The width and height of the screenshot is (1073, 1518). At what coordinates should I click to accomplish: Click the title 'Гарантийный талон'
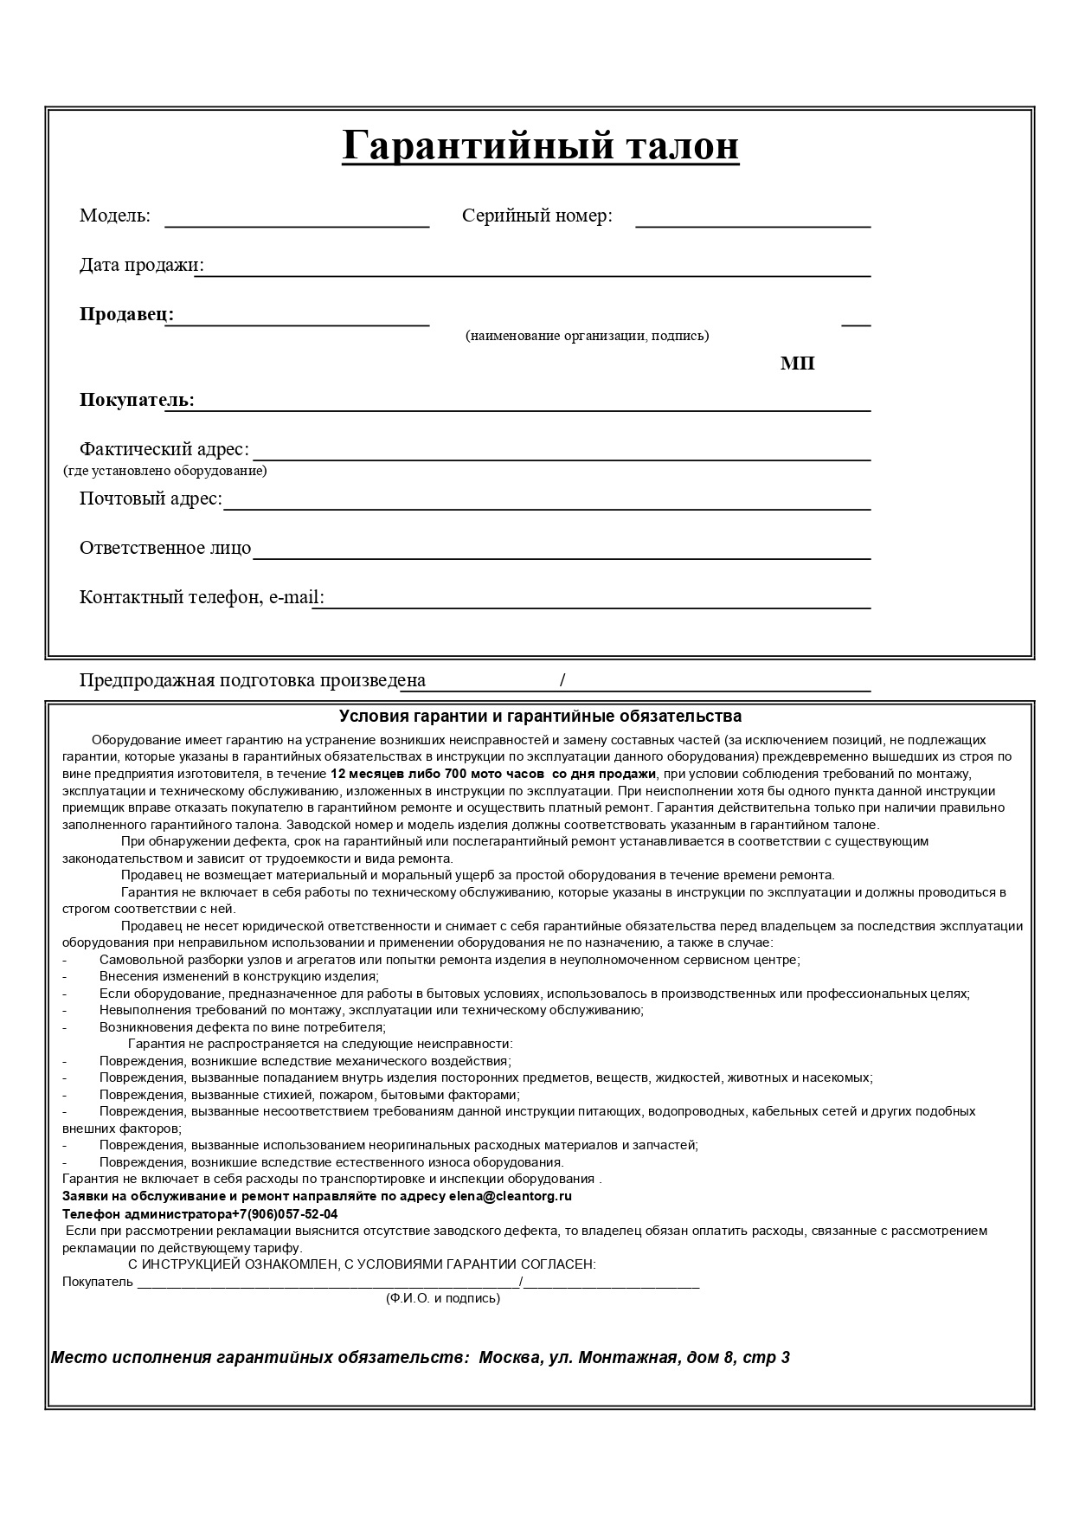point(540,145)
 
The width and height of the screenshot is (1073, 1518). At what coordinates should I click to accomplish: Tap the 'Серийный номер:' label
point(536,215)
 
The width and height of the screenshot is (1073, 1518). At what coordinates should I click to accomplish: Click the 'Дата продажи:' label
point(141,265)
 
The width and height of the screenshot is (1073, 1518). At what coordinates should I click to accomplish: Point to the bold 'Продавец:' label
point(126,314)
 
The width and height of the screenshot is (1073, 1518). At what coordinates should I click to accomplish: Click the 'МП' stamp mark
point(797,363)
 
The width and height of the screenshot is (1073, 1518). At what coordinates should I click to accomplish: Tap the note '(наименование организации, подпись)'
point(587,336)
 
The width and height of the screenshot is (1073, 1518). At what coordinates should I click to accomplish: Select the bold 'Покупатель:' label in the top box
point(137,400)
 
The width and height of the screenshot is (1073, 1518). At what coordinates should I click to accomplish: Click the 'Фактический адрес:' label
point(164,449)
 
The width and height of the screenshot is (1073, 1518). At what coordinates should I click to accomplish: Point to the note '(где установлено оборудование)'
point(164,471)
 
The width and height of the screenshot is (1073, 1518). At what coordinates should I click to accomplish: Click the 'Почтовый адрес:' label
point(151,498)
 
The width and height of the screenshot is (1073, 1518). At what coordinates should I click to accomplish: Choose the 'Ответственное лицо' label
point(164,548)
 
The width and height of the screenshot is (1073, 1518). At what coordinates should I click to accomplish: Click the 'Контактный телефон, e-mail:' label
point(202,597)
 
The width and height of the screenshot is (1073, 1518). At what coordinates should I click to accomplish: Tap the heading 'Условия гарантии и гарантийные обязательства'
point(540,717)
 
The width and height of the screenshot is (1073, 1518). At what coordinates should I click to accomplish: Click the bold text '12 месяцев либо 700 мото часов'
point(437,774)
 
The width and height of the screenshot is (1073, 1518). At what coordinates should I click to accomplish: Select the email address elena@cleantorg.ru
point(510,1196)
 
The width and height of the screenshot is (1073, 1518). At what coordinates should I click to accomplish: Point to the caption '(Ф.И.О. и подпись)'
point(442,1298)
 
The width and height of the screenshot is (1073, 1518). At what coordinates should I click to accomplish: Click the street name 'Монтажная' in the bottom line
point(626,1357)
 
